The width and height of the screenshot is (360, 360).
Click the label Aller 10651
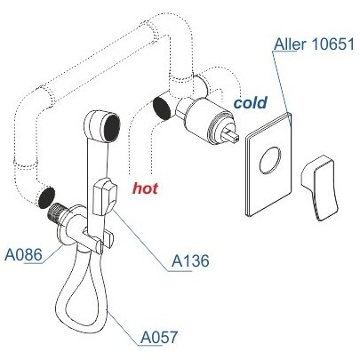314,44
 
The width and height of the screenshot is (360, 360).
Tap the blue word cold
251,102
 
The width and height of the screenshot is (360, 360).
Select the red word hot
145,188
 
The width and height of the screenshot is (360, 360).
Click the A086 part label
23,255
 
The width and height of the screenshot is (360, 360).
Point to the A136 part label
190,260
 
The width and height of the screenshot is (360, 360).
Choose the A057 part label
159,337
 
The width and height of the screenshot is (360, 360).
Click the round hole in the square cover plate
269,160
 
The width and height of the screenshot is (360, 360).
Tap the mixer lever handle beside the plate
319,188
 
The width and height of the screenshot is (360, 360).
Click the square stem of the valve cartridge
231,134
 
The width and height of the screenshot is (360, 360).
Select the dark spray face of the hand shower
112,127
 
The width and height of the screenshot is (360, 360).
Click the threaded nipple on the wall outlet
57,212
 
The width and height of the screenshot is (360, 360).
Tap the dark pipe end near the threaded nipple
46,197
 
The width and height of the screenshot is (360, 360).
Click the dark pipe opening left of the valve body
162,108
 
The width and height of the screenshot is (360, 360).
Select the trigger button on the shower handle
104,196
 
